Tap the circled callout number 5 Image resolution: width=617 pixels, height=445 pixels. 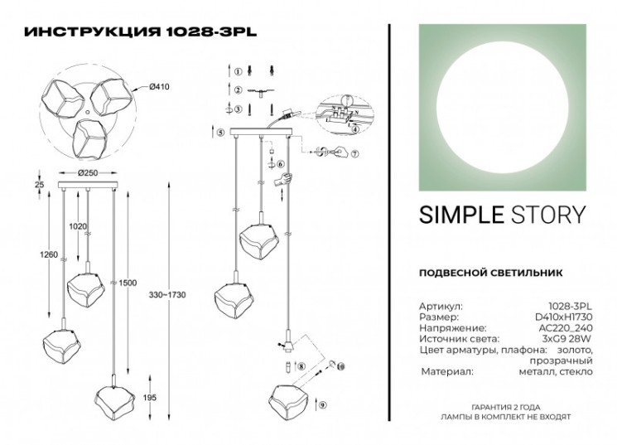click(220, 133)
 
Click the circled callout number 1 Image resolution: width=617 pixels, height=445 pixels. click(237, 72)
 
